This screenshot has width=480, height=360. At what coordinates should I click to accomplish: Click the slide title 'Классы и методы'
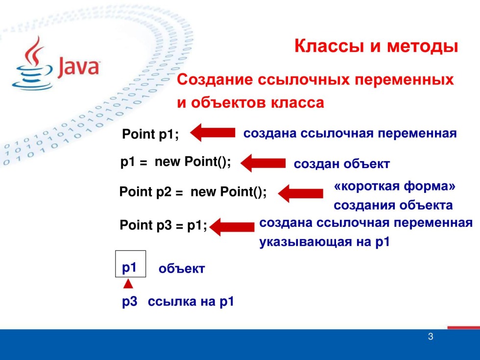(x=376, y=47)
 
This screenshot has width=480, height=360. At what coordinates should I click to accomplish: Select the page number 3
(x=431, y=336)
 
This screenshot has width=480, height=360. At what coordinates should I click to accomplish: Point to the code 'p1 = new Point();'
(x=175, y=162)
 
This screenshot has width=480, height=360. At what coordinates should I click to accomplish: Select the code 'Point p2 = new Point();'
(x=193, y=192)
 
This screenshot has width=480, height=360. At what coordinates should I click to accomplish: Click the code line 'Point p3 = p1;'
(x=164, y=226)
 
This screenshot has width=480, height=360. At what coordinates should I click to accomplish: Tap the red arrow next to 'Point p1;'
(x=213, y=133)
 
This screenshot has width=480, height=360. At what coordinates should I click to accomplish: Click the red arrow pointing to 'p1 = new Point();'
(x=263, y=163)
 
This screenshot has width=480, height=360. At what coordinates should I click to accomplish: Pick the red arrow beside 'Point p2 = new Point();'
(x=300, y=193)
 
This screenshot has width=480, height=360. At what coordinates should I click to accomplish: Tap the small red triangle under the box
(x=128, y=284)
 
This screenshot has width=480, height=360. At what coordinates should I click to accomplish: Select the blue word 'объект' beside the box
(x=181, y=269)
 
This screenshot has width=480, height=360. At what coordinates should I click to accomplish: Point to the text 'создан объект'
(x=341, y=164)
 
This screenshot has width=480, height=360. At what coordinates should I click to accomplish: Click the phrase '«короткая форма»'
(x=395, y=187)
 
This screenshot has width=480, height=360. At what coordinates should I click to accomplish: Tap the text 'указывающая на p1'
(x=324, y=242)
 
